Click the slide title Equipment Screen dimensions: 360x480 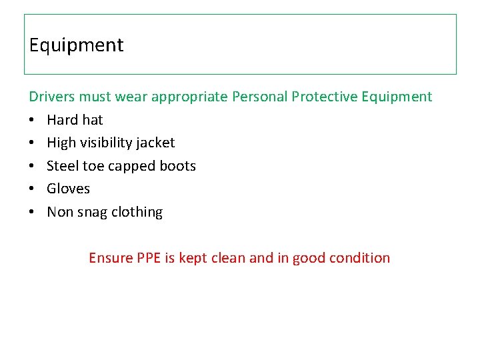click(x=76, y=45)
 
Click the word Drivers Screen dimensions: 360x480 click(x=52, y=97)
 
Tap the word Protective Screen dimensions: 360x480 click(x=325, y=97)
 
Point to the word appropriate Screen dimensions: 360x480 click(x=189, y=97)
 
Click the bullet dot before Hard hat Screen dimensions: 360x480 click(x=32, y=121)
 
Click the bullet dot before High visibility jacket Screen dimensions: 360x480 click(x=32, y=143)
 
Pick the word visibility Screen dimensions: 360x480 click(x=109, y=143)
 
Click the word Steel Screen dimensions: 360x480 click(x=63, y=166)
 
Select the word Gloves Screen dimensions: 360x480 click(x=68, y=189)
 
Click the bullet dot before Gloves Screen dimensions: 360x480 click(x=32, y=189)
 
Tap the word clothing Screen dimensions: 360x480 click(x=137, y=212)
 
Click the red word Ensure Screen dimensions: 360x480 click(x=111, y=258)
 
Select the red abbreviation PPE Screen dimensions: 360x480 click(x=149, y=258)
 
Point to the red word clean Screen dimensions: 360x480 click(x=228, y=258)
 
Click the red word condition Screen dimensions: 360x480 click(x=360, y=258)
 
